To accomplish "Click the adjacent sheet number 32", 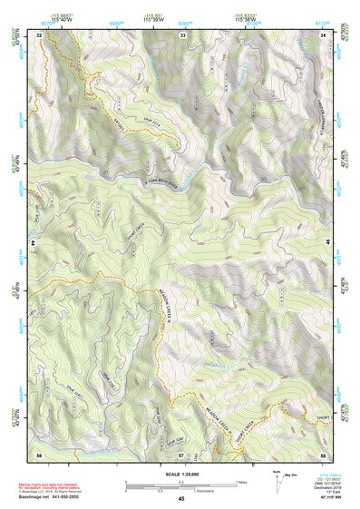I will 39,34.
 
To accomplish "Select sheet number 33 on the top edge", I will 182,34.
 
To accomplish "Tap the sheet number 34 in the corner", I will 324,34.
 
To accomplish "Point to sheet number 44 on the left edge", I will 33,244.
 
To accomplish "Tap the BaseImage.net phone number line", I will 55,496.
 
